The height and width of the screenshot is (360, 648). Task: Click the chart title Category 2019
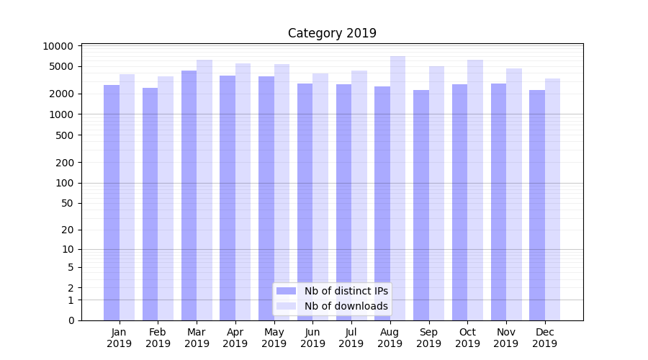[332, 33]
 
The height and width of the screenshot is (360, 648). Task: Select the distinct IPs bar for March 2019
[189, 194]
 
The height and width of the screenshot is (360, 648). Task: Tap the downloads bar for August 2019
[398, 187]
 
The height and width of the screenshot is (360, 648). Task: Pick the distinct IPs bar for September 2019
[421, 204]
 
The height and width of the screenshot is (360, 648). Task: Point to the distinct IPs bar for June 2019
[305, 202]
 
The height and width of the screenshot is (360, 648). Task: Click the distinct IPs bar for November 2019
[498, 202]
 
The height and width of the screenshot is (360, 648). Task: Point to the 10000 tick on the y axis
[58, 46]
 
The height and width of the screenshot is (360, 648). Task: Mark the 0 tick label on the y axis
[71, 320]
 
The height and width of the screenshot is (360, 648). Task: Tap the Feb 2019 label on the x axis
[158, 338]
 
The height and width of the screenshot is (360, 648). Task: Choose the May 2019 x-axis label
[274, 338]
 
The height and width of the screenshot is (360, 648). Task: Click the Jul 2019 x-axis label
[351, 338]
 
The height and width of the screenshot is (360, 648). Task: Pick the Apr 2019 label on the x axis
[235, 338]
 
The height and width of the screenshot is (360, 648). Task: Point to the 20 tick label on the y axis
[68, 230]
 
